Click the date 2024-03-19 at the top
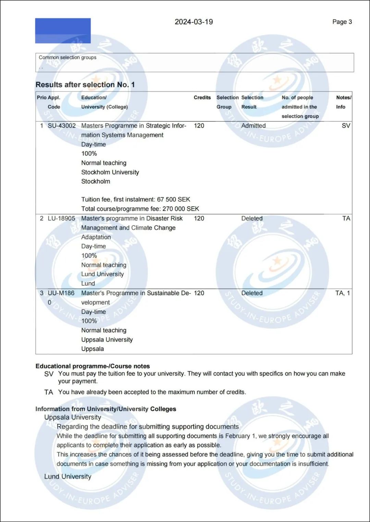tap(194, 22)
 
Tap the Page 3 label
tap(342, 22)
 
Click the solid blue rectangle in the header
tap(63, 31)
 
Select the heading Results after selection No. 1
tap(85, 84)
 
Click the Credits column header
tap(202, 97)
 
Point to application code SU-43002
tap(62, 126)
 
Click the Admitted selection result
tap(253, 126)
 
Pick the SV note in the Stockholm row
tap(346, 126)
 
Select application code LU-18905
tap(61, 218)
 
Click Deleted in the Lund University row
tap(252, 218)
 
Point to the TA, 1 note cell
tap(342, 293)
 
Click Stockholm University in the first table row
tap(110, 172)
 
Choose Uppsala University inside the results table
tap(107, 340)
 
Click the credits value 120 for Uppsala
tap(199, 293)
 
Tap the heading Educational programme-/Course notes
tap(92, 366)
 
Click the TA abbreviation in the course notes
tap(49, 392)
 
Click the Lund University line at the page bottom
tap(68, 477)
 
